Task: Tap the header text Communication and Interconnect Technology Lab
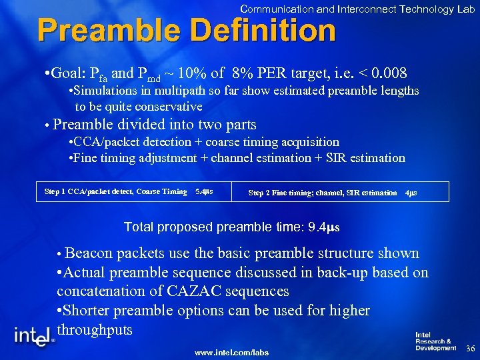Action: click(357, 9)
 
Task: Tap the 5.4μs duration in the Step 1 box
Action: click(203, 192)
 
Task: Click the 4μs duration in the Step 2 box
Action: click(411, 193)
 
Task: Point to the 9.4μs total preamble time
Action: click(324, 227)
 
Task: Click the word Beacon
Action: click(89, 253)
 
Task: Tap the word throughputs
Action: click(95, 330)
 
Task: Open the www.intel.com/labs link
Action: click(231, 352)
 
